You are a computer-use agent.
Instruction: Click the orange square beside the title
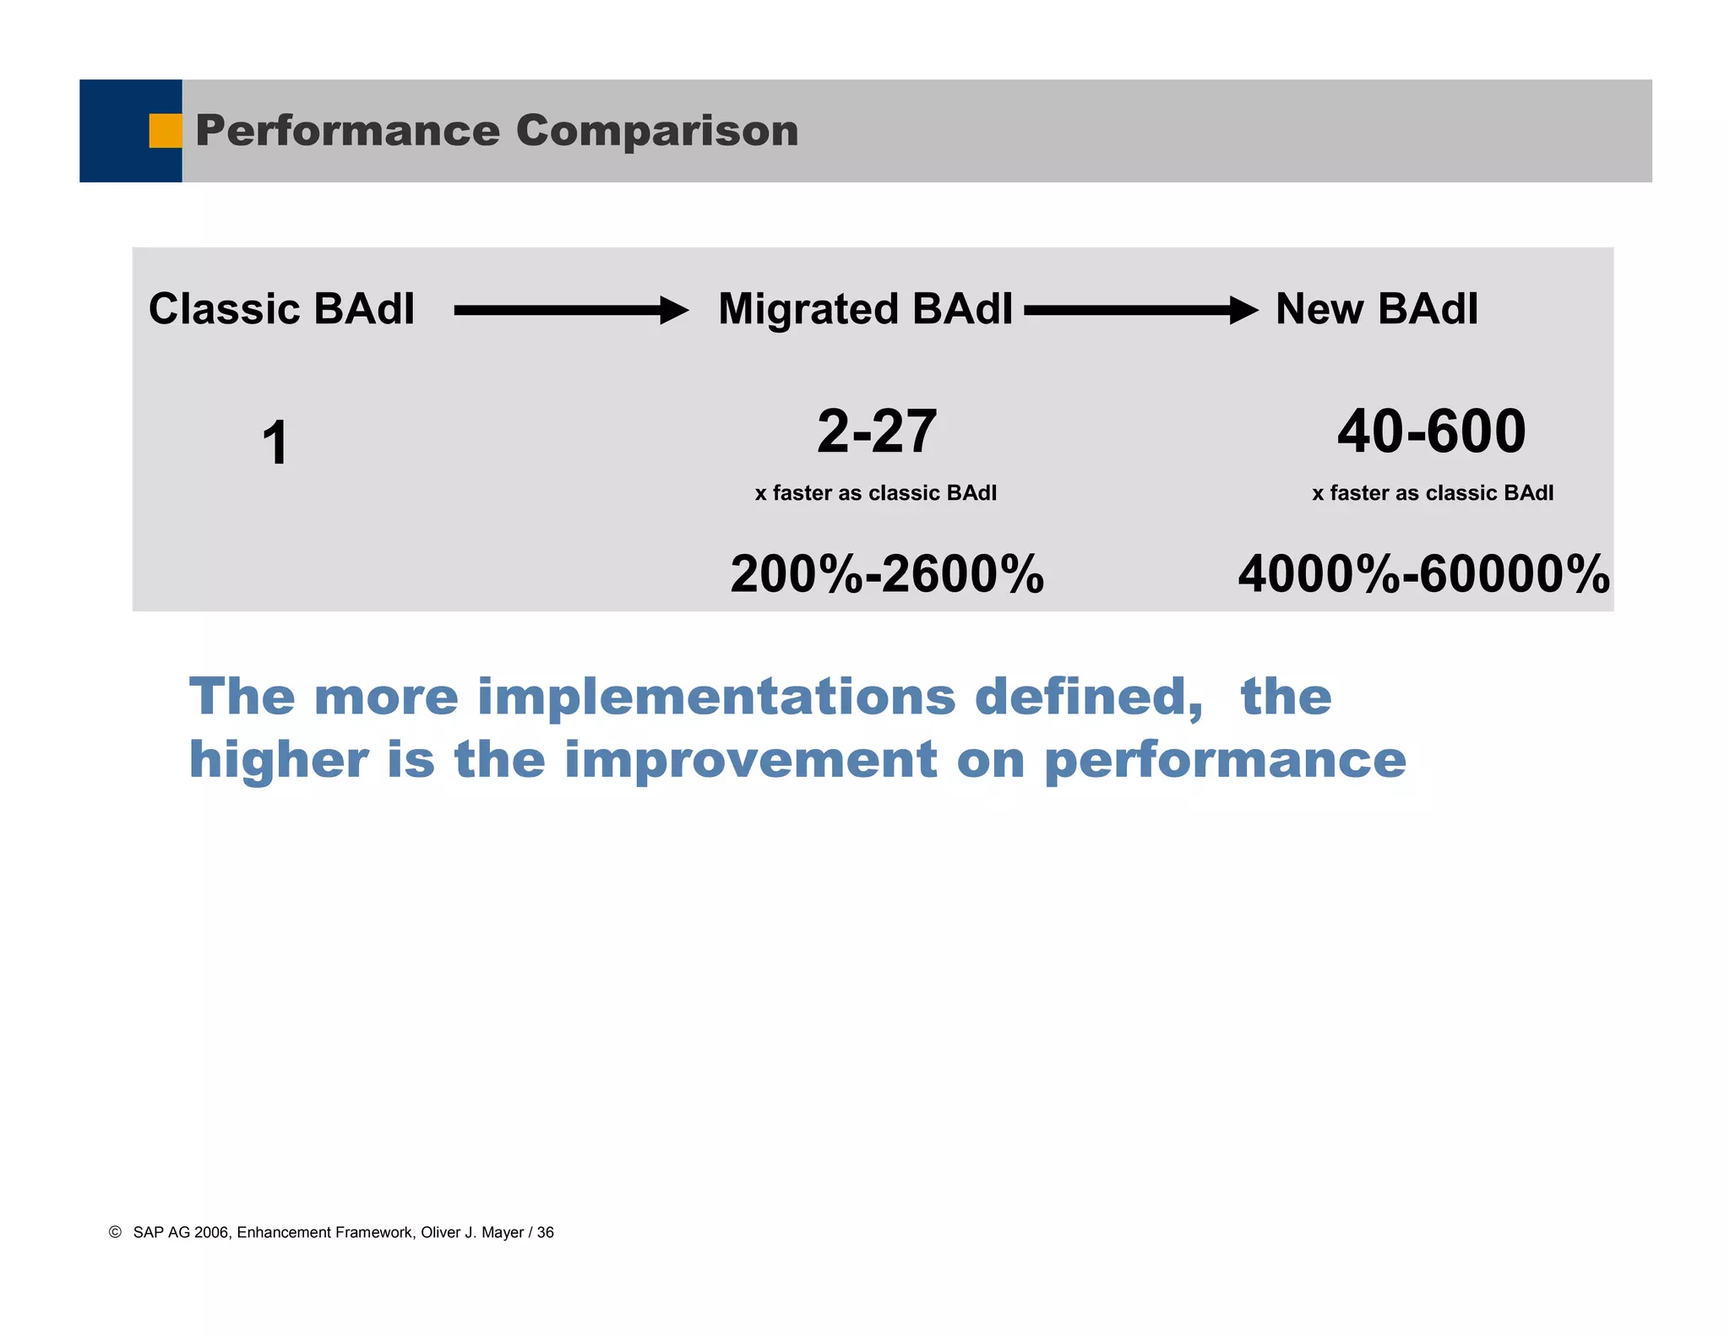166,131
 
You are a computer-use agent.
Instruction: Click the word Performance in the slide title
347,131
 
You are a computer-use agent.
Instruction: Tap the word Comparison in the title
656,131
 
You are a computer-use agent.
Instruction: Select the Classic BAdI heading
281,309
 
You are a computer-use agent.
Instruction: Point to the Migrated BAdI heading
865,309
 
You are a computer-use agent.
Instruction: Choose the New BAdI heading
1376,309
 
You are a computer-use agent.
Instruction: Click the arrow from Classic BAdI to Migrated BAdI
571,311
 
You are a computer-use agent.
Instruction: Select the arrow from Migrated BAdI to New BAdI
1140,311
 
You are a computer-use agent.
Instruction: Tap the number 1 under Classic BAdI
275,443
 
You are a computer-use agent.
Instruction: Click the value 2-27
877,432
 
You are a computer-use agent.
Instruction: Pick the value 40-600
1431,432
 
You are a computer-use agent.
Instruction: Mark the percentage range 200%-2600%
887,574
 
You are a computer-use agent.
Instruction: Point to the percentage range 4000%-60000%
1423,574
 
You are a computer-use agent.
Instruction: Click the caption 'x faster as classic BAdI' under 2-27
875,493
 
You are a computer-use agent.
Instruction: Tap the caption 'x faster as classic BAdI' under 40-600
1432,493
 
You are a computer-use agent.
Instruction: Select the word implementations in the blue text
716,697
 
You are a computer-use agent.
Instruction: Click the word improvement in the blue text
750,759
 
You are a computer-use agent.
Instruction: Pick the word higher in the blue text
279,759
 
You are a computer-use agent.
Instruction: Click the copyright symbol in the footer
116,1232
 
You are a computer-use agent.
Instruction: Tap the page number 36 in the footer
546,1233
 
